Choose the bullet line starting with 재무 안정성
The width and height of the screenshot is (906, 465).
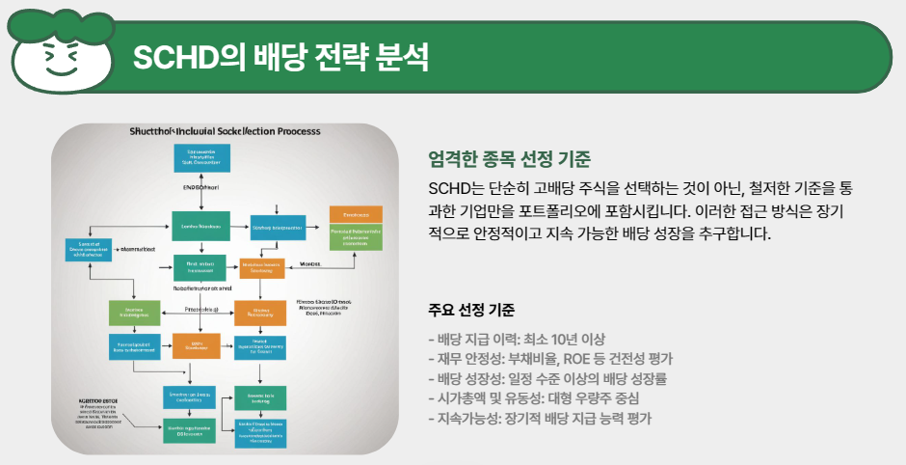[550, 358]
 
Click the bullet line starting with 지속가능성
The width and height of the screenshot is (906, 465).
[540, 419]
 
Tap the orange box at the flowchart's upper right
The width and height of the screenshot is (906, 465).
[356, 214]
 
